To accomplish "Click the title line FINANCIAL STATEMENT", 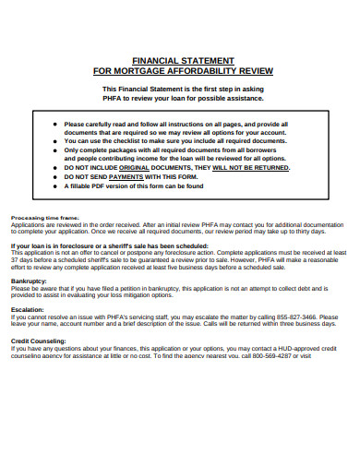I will click(x=182, y=59).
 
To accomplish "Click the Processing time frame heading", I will click(x=44, y=218).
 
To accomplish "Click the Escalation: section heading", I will click(x=27, y=310).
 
